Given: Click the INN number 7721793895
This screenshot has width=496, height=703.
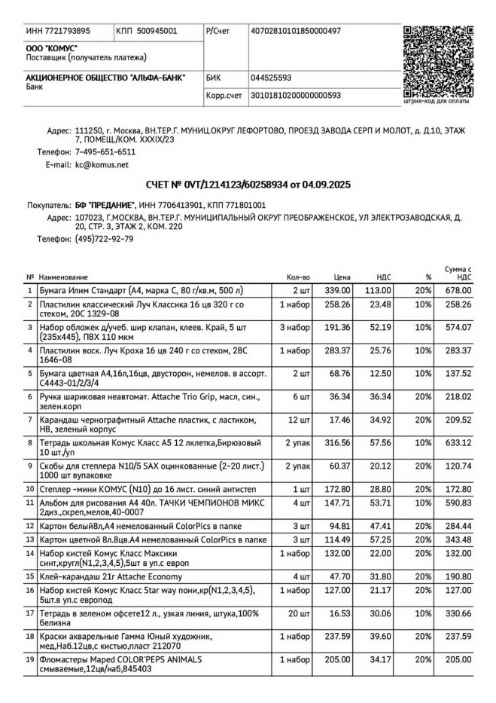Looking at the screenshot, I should pos(58,31).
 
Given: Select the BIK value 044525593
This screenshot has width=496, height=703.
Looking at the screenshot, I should pos(271,78).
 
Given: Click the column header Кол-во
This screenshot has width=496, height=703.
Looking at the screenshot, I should pos(298,277).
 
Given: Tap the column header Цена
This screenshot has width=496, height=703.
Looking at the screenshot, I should pos(342,277).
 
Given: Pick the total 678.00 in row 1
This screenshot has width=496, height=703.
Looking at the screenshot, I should pos(458,290).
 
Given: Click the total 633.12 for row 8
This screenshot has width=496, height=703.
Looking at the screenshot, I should pos(458,442).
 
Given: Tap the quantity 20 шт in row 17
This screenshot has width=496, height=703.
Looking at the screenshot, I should pos(300,615).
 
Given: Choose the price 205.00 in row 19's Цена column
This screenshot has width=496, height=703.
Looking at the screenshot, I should pos(337,659).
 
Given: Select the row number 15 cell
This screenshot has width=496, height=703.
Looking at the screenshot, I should pos(30,576).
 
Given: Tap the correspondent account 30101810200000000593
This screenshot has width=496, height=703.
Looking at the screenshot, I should pos(295,96).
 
